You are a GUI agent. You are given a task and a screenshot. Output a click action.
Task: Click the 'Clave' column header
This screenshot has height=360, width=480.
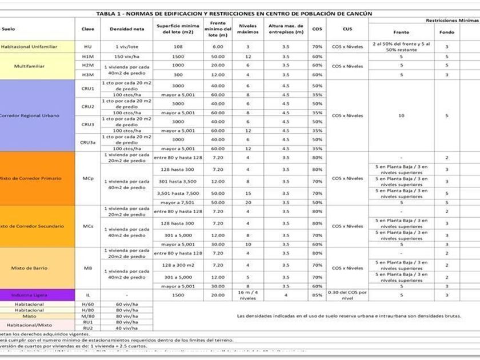87,29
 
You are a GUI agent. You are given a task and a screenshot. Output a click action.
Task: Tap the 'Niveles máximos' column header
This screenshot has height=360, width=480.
248,29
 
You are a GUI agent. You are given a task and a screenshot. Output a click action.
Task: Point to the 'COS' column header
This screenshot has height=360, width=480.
317,29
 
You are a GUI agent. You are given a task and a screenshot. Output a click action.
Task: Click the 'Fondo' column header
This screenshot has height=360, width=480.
447,32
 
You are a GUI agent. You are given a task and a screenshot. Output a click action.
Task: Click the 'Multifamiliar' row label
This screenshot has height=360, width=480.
30,66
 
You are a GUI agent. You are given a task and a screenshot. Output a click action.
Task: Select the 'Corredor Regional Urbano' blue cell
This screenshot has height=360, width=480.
37,115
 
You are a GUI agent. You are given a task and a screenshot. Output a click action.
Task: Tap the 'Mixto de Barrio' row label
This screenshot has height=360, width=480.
30,268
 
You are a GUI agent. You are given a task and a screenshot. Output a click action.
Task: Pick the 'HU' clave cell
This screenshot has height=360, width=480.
87,47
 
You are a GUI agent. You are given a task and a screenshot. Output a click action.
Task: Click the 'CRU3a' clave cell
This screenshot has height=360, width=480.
87,142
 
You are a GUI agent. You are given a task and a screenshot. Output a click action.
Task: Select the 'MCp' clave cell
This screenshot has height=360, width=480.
87,178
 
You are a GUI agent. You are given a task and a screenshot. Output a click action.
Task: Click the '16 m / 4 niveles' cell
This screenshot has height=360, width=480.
248,295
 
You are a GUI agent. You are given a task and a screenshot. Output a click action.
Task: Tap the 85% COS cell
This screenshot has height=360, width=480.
317,295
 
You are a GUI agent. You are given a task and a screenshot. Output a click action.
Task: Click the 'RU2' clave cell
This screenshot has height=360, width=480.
87,328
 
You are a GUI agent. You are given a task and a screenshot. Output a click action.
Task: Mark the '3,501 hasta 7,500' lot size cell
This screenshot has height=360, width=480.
178,193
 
